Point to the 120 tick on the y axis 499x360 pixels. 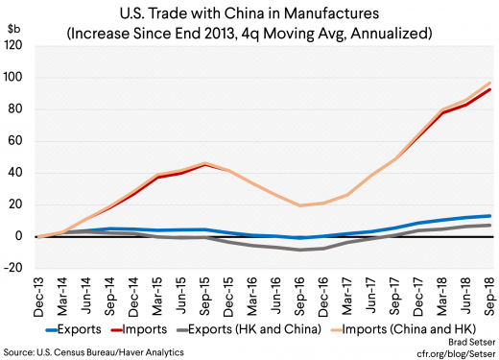click(x=18, y=44)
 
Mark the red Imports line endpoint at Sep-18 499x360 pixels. click(x=489, y=89)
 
